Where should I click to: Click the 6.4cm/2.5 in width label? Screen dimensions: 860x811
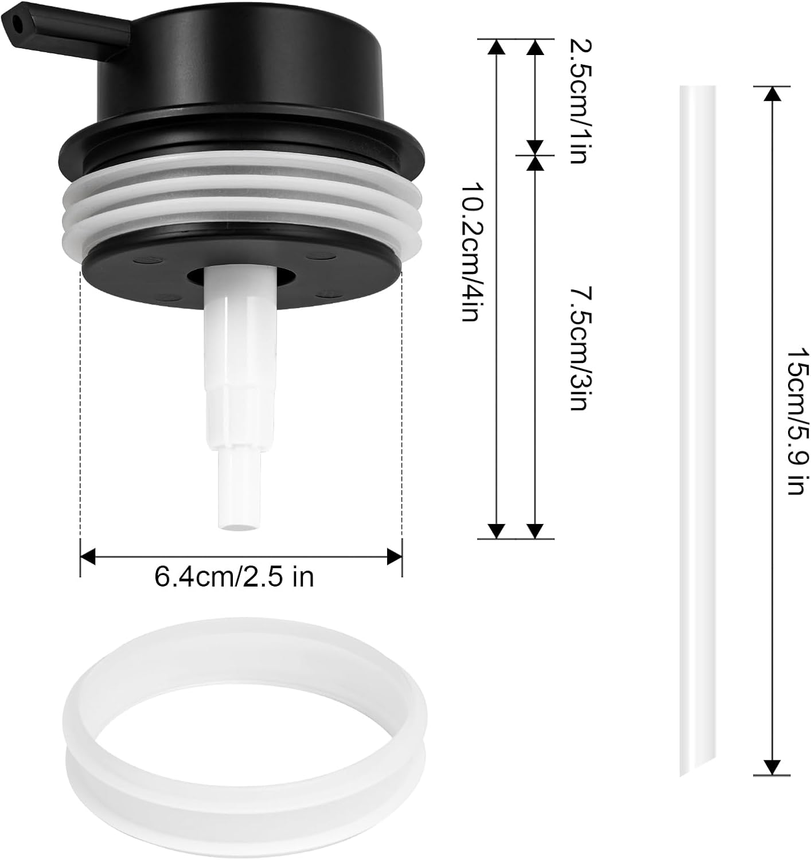pos(234,577)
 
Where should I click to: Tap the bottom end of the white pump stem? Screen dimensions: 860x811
pos(240,523)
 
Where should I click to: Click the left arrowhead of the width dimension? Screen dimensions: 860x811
pos(87,556)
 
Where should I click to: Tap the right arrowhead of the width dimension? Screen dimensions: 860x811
pos(395,556)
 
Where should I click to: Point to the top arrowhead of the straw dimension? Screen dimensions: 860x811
pos(773,93)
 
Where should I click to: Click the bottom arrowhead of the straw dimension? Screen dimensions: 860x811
pos(773,767)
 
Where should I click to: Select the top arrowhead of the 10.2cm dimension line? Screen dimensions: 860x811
pos(497,46)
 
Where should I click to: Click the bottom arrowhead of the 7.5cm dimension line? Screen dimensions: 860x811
pos(535,531)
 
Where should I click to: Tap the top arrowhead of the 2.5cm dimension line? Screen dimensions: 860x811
pos(535,46)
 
